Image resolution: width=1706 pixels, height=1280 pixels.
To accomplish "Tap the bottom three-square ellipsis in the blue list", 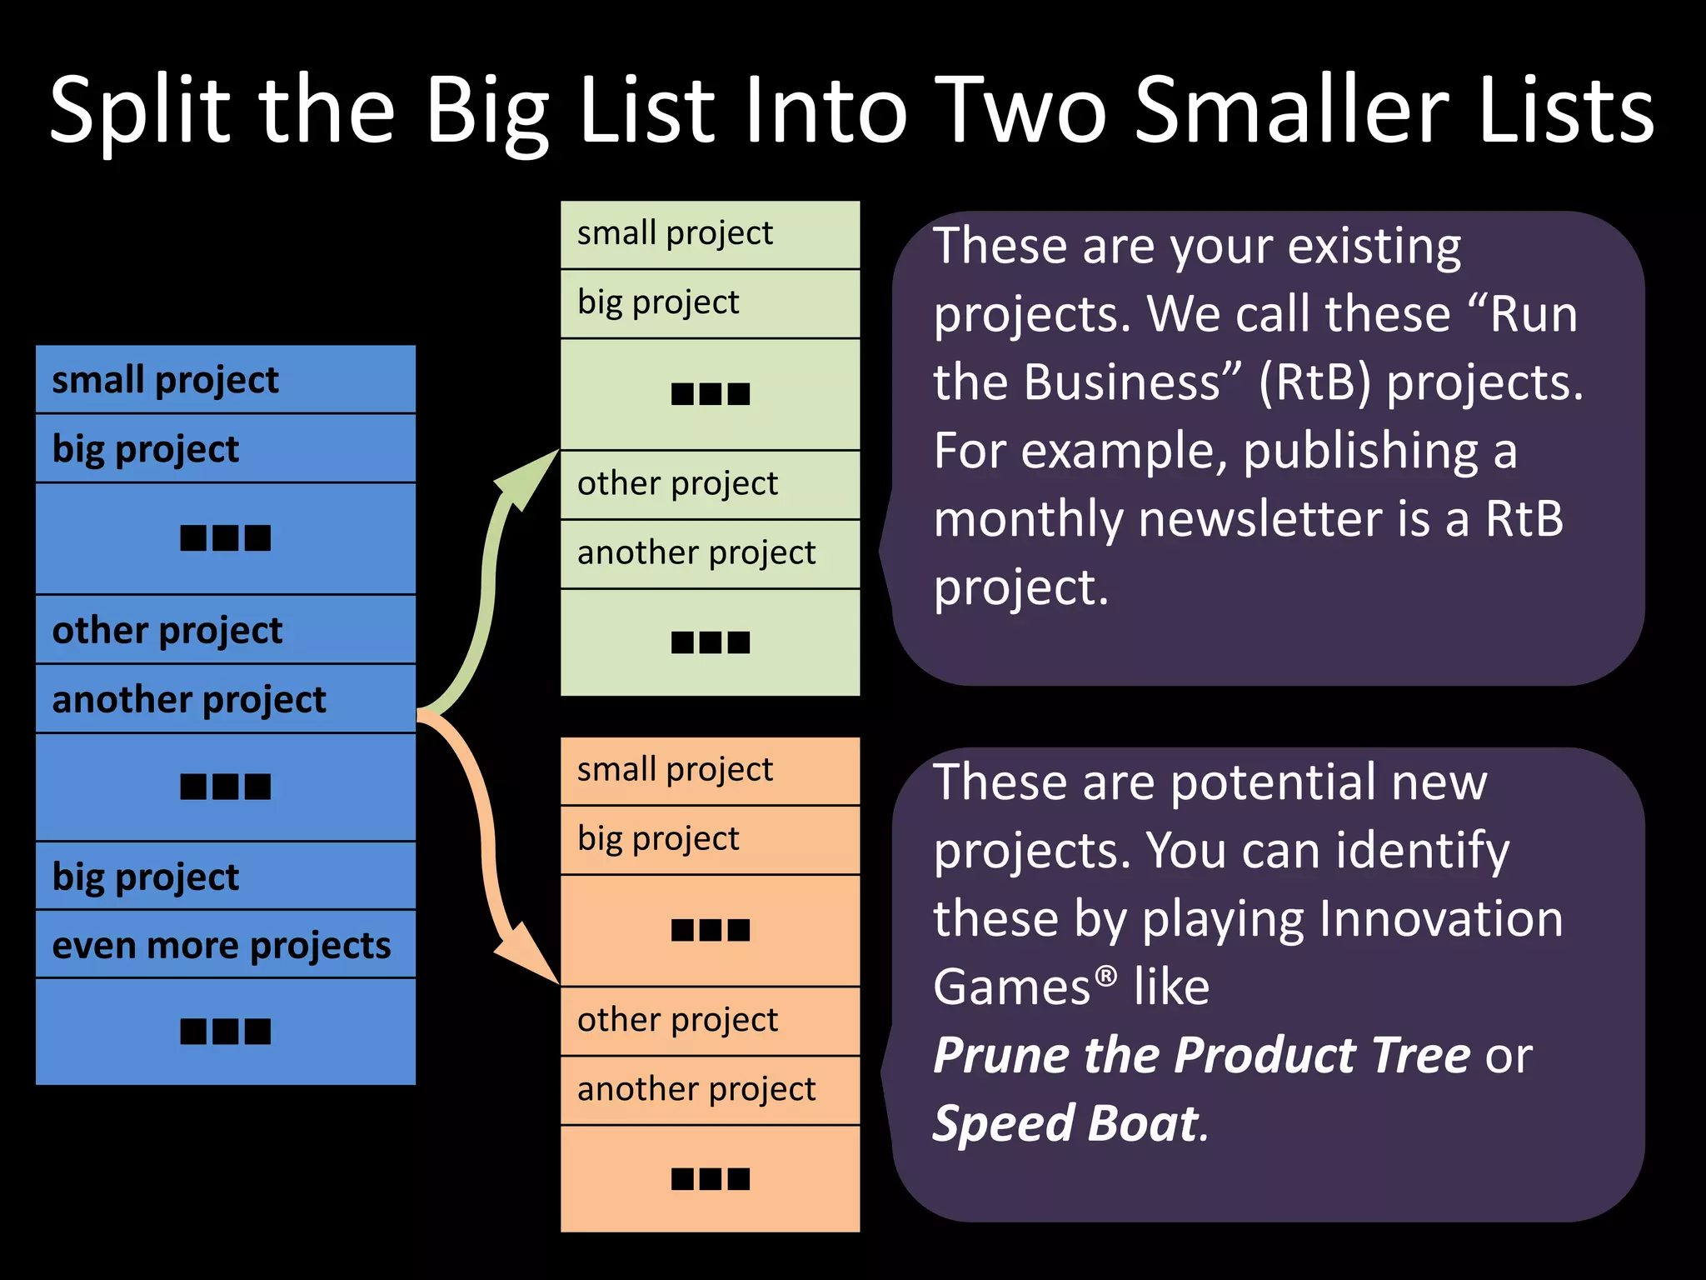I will [x=225, y=1032].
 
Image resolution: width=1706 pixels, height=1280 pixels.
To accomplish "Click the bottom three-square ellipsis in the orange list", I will [x=711, y=1178].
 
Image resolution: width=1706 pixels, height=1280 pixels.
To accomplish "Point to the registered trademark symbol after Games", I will [x=1105, y=975].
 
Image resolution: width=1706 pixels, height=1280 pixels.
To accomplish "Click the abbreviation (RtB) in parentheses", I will [x=1314, y=382].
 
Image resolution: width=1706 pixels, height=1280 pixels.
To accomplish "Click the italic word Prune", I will [x=1000, y=1055].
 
